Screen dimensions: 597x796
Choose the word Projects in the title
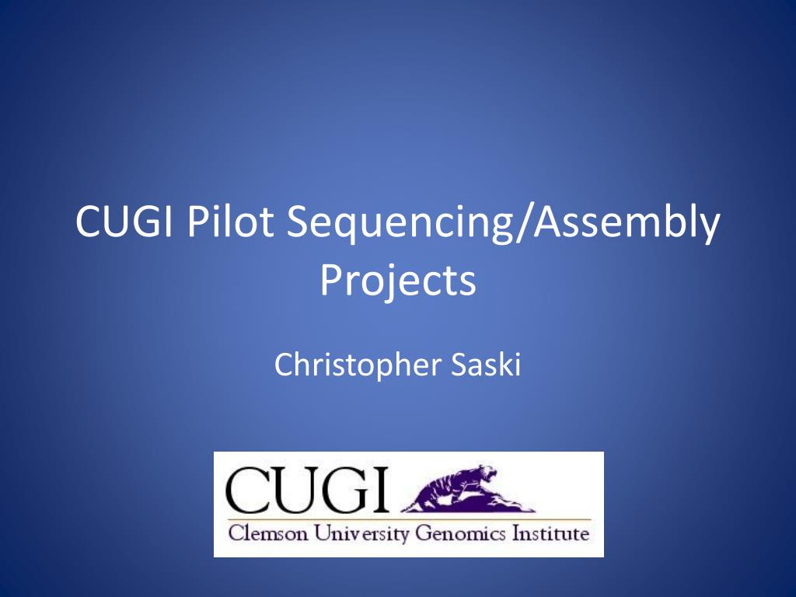pyautogui.click(x=397, y=281)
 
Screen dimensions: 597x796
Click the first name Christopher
pyautogui.click(x=358, y=365)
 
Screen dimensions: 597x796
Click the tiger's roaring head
pyautogui.click(x=489, y=473)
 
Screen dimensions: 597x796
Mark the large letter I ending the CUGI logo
pyautogui.click(x=380, y=489)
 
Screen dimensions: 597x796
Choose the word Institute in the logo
pyautogui.click(x=551, y=535)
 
